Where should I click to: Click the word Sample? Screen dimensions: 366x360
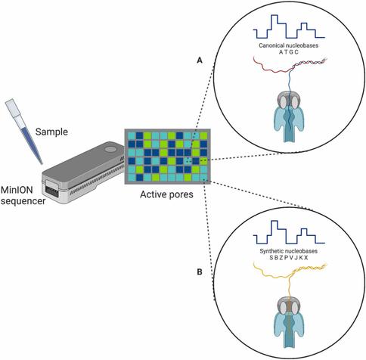(x=51, y=132)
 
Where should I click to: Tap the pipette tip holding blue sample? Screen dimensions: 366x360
(x=24, y=132)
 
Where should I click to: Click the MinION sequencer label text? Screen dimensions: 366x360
(x=23, y=195)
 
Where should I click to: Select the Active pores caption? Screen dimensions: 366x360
(x=166, y=194)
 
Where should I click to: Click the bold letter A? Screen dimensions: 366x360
(x=200, y=61)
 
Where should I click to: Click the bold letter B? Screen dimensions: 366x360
(x=200, y=272)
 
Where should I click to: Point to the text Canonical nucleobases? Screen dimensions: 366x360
(x=288, y=45)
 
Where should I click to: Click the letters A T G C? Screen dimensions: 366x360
(x=288, y=52)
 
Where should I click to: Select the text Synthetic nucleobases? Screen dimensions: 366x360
(x=288, y=251)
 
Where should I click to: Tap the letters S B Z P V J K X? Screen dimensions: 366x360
(x=288, y=258)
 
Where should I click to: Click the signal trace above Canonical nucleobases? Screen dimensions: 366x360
(x=289, y=26)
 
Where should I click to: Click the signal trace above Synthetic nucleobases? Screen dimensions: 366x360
(x=289, y=232)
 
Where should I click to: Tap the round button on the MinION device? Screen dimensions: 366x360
(x=110, y=149)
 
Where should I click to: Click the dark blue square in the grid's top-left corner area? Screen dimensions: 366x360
(x=139, y=136)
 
